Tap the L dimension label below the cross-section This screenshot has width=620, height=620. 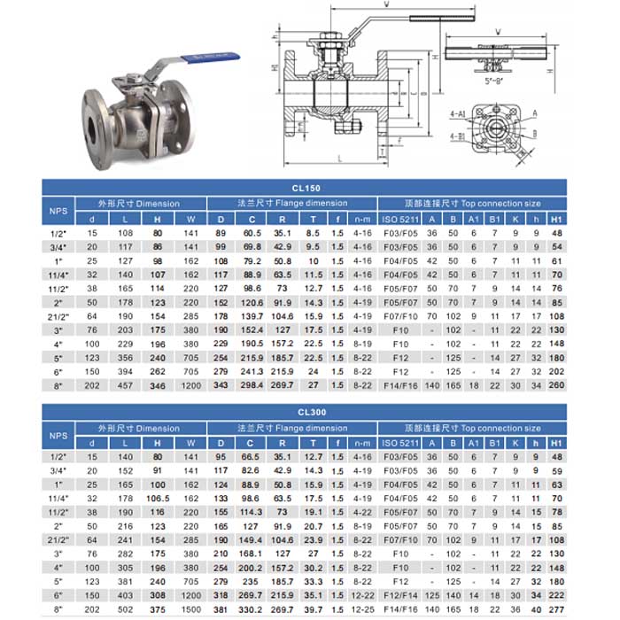pyautogui.click(x=339, y=157)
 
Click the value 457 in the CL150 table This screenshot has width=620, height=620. pyautogui.click(x=126, y=386)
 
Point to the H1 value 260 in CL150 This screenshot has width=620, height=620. pyautogui.click(x=556, y=386)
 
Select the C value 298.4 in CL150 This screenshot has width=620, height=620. pyautogui.click(x=252, y=386)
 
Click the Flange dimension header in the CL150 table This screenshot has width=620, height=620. pyautogui.click(x=293, y=203)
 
